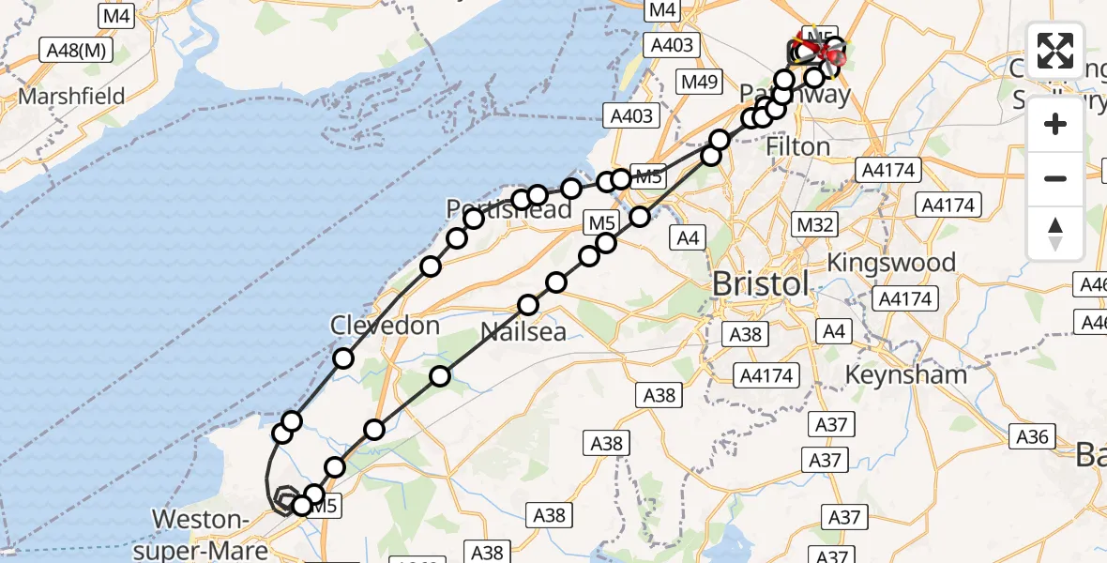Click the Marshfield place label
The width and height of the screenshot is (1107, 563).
click(x=72, y=98)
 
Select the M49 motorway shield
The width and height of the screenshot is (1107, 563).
click(x=700, y=82)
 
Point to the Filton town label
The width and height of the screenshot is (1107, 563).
click(x=797, y=147)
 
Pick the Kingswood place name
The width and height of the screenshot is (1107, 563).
click(x=891, y=262)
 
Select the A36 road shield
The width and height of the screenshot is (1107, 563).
click(x=1032, y=435)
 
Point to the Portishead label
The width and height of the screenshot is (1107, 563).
click(x=509, y=209)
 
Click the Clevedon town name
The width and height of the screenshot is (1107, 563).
click(x=385, y=326)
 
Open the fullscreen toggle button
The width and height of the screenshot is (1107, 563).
click(x=1055, y=50)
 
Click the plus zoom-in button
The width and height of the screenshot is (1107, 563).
click(x=1055, y=124)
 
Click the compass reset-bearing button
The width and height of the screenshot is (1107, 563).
click(x=1055, y=233)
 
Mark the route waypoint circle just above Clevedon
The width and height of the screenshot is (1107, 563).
click(x=343, y=358)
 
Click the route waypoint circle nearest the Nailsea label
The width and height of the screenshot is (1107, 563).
click(x=529, y=304)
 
